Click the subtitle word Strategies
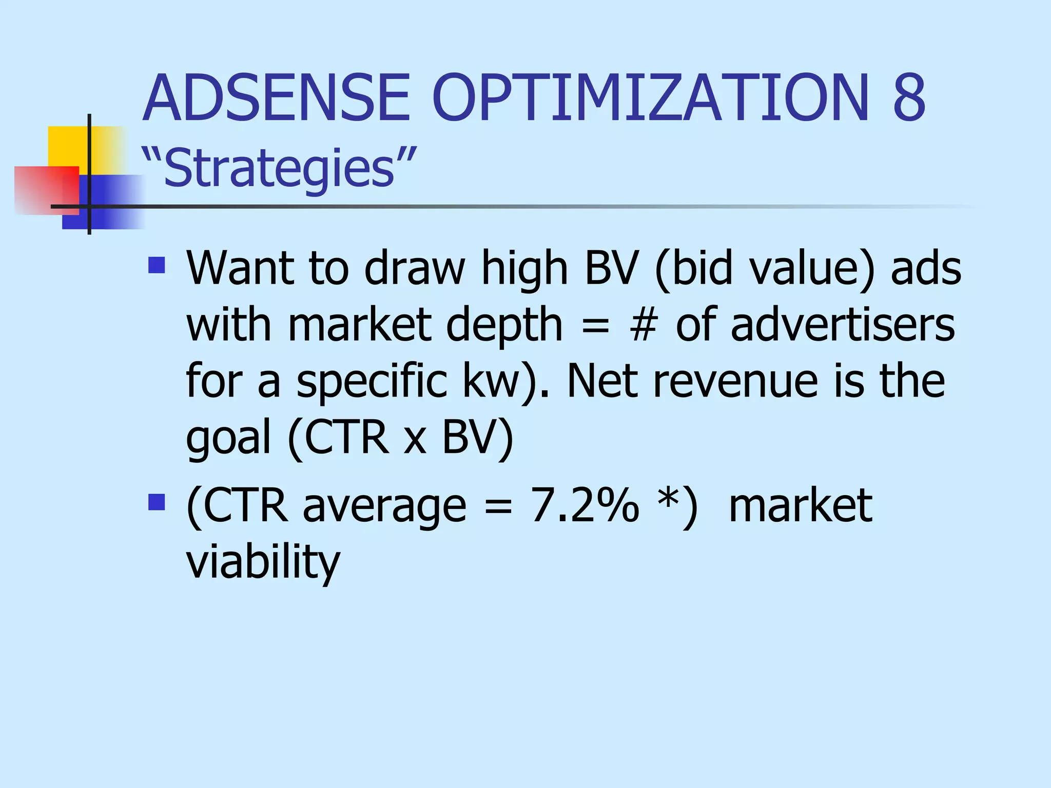point(279,168)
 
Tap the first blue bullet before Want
point(157,265)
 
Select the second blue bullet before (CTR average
point(157,502)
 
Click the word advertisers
point(843,325)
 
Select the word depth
point(504,326)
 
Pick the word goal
point(228,439)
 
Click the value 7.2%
point(585,506)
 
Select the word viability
point(263,562)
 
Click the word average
point(384,508)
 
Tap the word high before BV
point(524,269)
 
